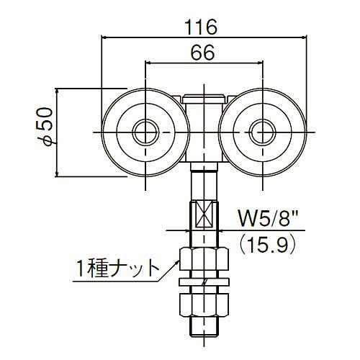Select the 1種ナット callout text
point(117,270)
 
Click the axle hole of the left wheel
point(146,132)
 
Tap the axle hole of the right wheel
point(263,132)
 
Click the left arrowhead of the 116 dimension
point(105,37)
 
